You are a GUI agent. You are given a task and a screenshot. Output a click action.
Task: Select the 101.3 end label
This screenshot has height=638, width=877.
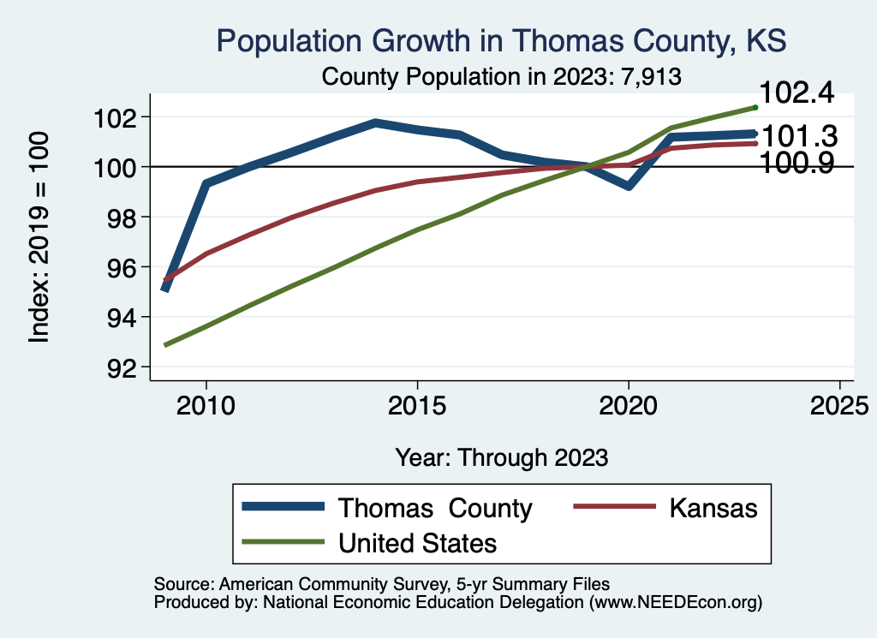(x=799, y=136)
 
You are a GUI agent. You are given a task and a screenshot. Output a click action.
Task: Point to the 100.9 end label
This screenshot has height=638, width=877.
(x=797, y=164)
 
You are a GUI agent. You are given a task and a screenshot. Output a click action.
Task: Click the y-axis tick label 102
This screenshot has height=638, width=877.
(x=116, y=116)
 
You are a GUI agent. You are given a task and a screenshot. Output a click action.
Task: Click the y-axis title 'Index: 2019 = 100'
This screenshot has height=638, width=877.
(x=39, y=237)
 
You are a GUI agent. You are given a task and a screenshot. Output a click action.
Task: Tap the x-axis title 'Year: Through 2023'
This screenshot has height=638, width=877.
(x=501, y=457)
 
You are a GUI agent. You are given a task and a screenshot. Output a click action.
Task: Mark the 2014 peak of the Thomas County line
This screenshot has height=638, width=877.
(x=375, y=122)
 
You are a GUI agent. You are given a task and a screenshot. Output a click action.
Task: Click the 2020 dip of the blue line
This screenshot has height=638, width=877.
(x=629, y=186)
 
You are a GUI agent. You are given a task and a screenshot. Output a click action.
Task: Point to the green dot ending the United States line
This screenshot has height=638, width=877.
(x=755, y=107)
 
